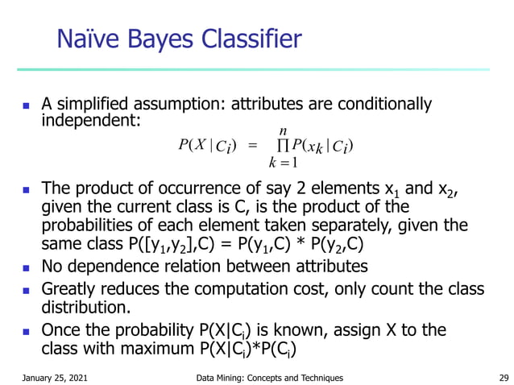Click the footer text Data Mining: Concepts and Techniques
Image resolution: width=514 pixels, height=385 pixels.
point(269,377)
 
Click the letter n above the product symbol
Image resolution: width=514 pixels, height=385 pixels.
point(283,130)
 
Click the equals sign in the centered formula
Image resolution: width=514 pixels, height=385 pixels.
point(252,146)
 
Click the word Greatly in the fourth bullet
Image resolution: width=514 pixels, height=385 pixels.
point(68,288)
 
